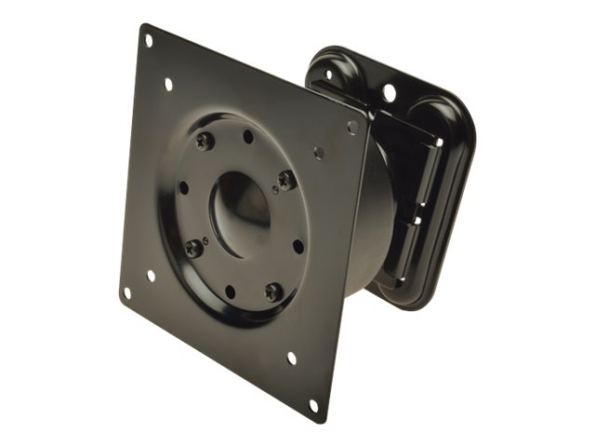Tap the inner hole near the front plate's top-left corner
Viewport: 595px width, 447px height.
[x=168, y=84]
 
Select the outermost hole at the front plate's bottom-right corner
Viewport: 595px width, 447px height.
[x=313, y=405]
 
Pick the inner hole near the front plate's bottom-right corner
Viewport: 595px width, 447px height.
[x=291, y=358]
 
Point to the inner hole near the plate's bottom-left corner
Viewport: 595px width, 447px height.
[x=151, y=276]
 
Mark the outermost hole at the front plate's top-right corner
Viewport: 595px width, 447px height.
[x=352, y=127]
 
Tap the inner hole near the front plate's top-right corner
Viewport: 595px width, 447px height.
[x=319, y=152]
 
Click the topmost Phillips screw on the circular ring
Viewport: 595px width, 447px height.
[x=205, y=141]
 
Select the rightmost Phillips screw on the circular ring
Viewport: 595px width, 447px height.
[x=286, y=179]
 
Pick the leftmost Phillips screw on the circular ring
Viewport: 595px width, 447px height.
[x=193, y=249]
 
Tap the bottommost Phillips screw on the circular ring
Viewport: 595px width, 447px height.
[x=272, y=291]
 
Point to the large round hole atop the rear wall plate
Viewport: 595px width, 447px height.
[x=390, y=92]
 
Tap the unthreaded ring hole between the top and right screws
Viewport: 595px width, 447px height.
[x=248, y=136]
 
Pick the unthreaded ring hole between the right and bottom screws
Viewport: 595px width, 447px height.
[x=297, y=247]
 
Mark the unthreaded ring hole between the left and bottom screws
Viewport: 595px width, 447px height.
[x=230, y=291]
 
